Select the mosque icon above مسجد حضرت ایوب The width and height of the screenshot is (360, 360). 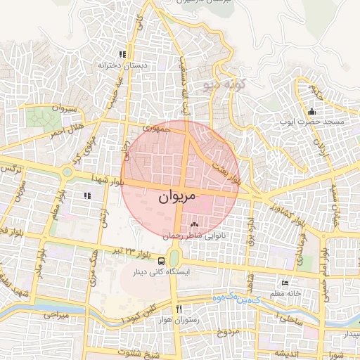click(x=312, y=111)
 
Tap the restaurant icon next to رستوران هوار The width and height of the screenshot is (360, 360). click(x=179, y=309)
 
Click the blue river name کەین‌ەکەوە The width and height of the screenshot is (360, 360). click(x=237, y=300)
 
